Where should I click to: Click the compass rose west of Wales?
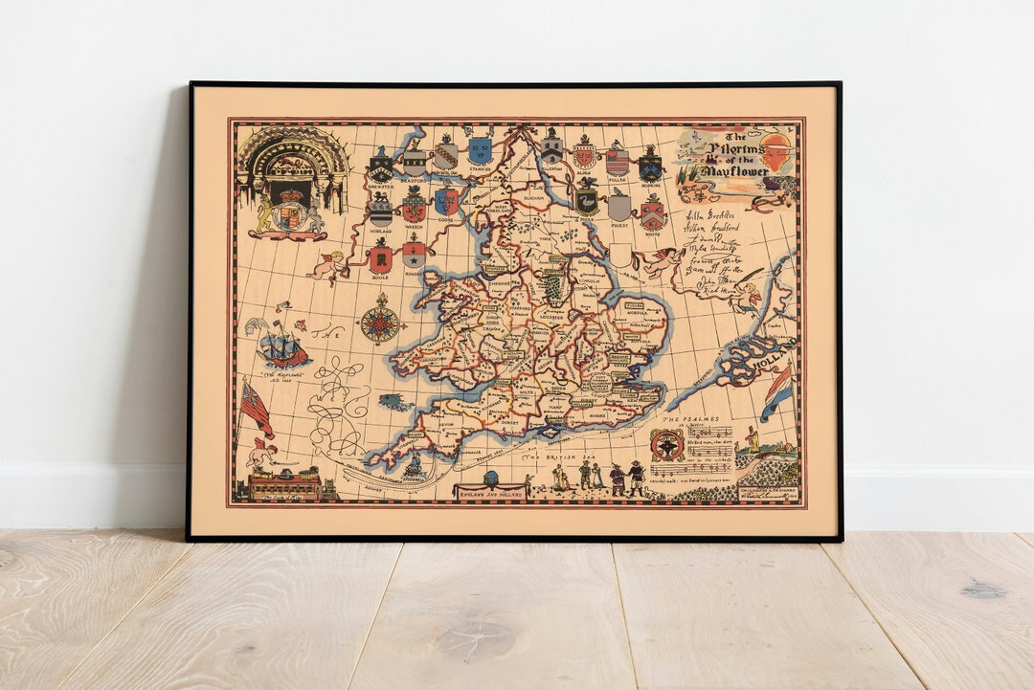coord(379,324)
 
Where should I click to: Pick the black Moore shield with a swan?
coord(587,199)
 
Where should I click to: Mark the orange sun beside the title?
coord(776,152)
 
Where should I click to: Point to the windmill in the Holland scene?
coord(753,440)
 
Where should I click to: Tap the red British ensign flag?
coord(254,407)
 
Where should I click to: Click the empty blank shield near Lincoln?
coord(620,255)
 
